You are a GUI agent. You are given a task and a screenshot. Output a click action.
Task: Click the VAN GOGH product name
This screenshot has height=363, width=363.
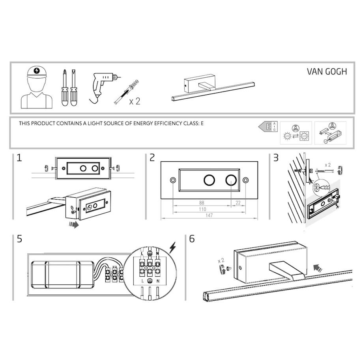click(327, 72)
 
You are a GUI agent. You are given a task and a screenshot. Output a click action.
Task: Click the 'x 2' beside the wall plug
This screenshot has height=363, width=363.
click(135, 101)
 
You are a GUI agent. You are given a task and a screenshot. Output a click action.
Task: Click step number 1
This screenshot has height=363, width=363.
click(19, 158)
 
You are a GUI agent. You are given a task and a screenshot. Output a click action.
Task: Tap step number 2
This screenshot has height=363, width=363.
click(152, 158)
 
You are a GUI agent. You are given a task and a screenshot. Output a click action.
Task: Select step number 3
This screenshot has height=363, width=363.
click(276, 158)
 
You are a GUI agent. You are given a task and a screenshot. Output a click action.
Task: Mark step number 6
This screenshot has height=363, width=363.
click(192, 239)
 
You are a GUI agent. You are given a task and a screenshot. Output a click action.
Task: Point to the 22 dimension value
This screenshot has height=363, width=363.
click(238, 204)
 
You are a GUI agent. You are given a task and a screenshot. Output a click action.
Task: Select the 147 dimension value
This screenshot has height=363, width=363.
click(209, 215)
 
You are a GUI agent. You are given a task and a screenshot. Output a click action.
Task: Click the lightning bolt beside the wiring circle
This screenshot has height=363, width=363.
click(172, 247)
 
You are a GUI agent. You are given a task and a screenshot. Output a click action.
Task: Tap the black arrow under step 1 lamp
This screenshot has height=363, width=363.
click(74, 225)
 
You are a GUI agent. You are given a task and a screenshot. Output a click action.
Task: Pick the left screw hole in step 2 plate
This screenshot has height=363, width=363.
click(173, 180)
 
